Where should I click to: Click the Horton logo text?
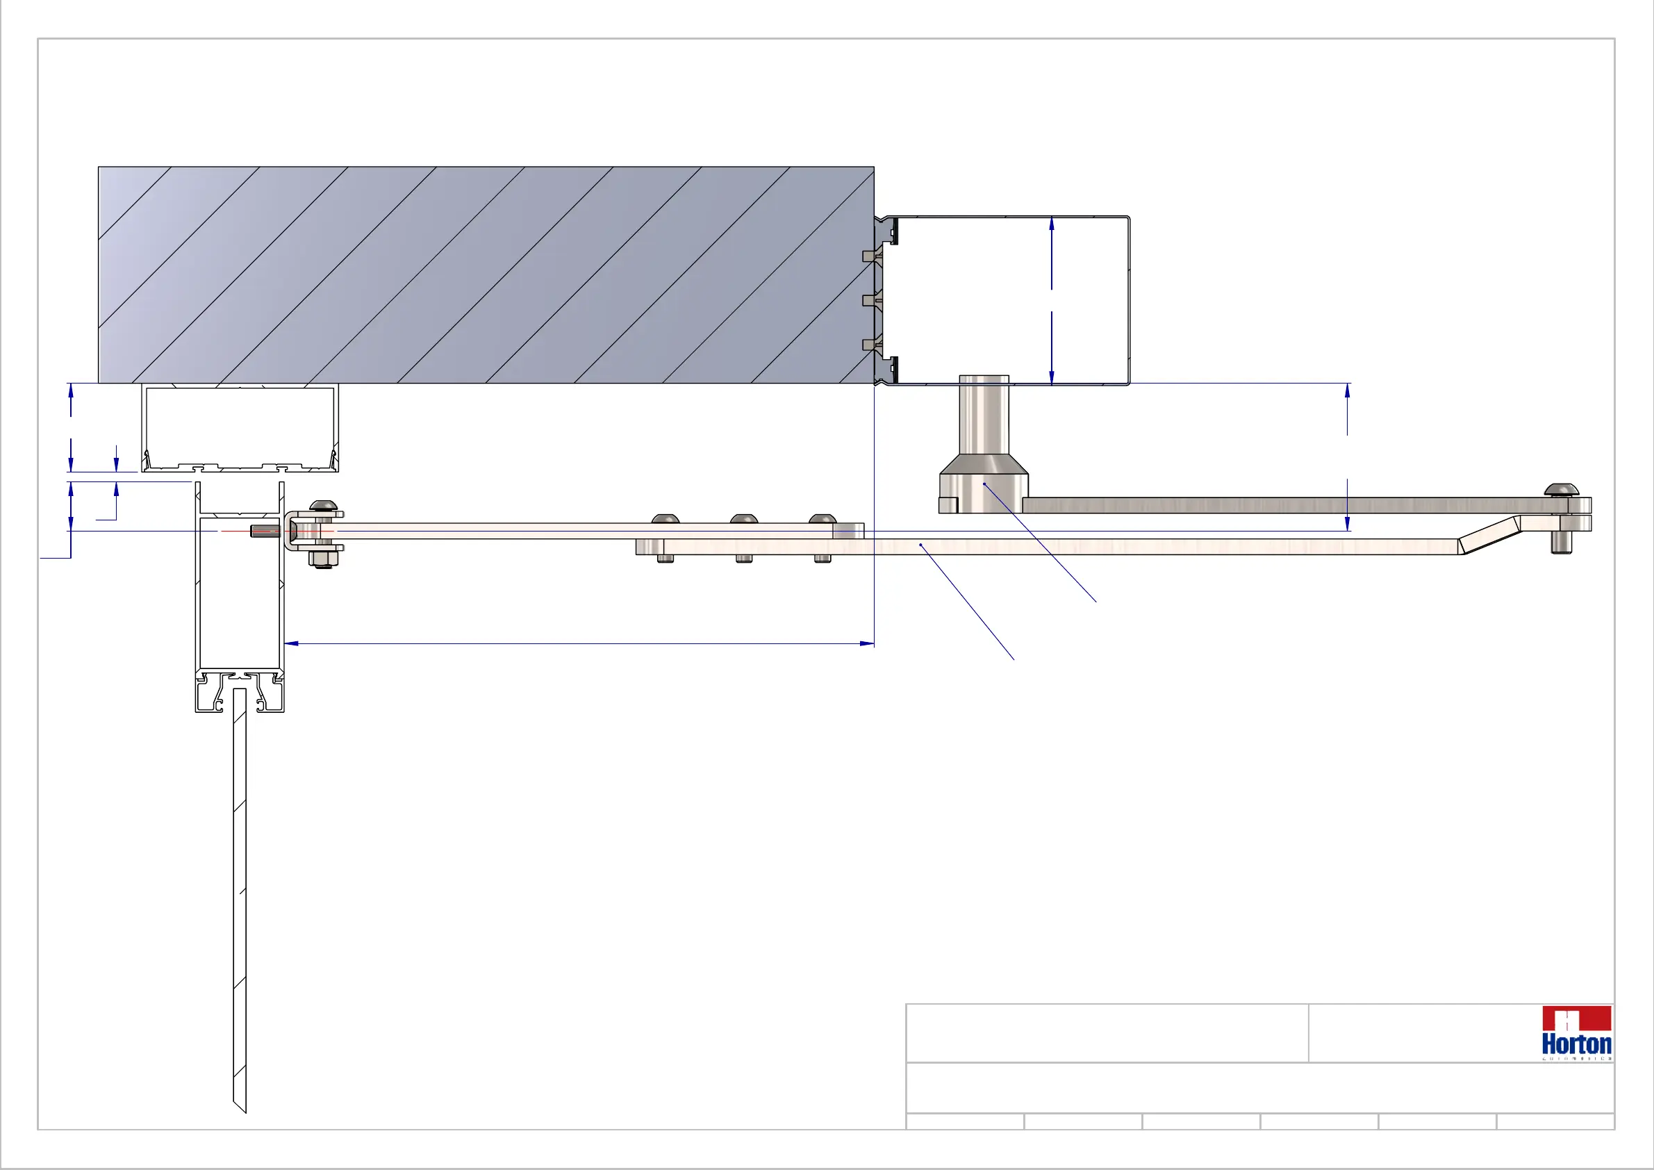pyautogui.click(x=1576, y=1044)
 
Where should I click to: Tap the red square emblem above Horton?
pyautogui.click(x=1576, y=1018)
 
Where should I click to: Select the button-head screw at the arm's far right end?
pyautogui.click(x=1561, y=491)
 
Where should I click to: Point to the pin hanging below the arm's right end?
pyautogui.click(x=1561, y=543)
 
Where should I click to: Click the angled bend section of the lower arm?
pyautogui.click(x=1491, y=534)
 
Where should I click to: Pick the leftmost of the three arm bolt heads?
pyautogui.click(x=665, y=519)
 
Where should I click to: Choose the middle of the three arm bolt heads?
pyautogui.click(x=743, y=519)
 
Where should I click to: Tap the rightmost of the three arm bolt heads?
pyautogui.click(x=822, y=519)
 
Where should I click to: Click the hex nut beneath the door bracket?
pyautogui.click(x=324, y=559)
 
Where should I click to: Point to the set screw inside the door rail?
pyautogui.click(x=264, y=531)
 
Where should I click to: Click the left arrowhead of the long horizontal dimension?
pyautogui.click(x=291, y=643)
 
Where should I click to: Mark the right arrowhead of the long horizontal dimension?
pyautogui.click(x=868, y=643)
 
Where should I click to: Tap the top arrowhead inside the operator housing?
pyautogui.click(x=1052, y=223)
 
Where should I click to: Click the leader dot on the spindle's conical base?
pyautogui.click(x=984, y=484)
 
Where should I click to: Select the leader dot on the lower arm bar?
pyautogui.click(x=920, y=545)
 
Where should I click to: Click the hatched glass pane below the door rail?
pyautogui.click(x=240, y=900)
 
